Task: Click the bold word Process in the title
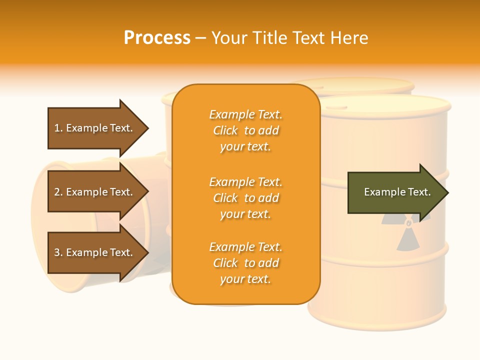(x=157, y=37)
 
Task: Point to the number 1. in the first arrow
(x=58, y=128)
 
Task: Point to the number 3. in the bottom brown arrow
(x=58, y=252)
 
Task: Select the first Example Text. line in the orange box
(x=245, y=114)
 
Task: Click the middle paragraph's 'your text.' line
(x=245, y=214)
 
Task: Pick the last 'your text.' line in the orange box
(x=245, y=279)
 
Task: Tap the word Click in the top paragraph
(x=225, y=130)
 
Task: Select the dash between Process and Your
(x=200, y=38)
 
